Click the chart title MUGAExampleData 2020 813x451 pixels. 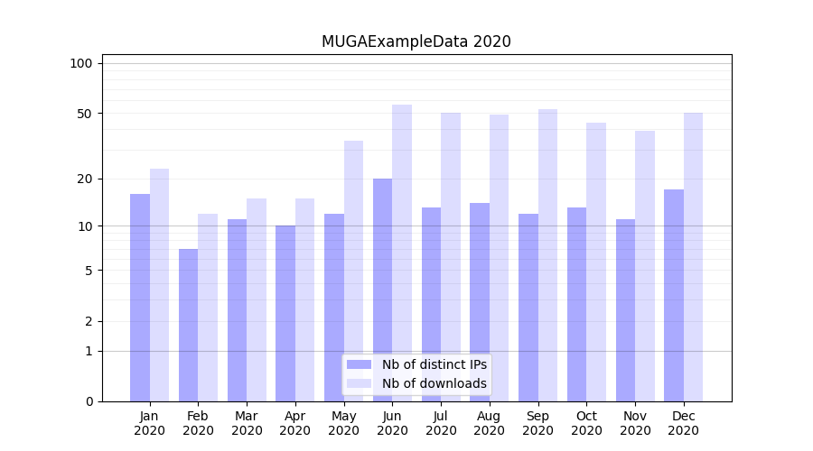(x=416, y=41)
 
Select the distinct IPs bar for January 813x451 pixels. (x=140, y=298)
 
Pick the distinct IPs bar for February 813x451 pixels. (x=188, y=325)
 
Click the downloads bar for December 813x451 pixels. (x=693, y=257)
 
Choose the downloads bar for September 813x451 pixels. (x=547, y=255)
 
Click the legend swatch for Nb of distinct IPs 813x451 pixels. (x=359, y=364)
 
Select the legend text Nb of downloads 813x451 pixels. (x=434, y=383)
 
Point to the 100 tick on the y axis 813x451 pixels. (x=81, y=63)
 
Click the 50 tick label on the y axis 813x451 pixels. (x=85, y=114)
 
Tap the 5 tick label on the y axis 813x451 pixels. (x=89, y=271)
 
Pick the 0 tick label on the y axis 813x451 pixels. (x=89, y=401)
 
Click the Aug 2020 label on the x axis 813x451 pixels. (x=489, y=423)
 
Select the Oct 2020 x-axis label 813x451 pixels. (x=586, y=423)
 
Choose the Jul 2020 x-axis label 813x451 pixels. (x=441, y=423)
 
